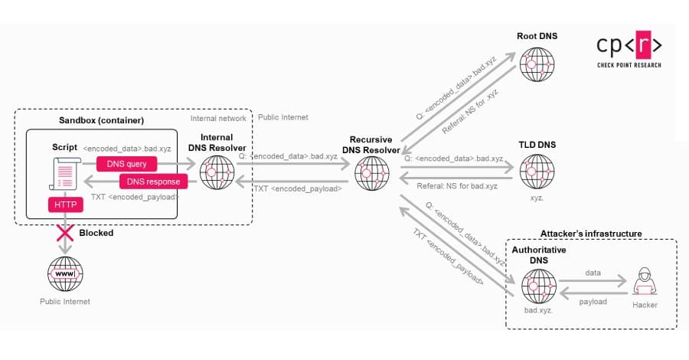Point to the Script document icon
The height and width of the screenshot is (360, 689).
[66, 172]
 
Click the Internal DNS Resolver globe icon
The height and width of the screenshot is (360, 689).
[218, 172]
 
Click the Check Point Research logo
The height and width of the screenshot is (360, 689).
[629, 51]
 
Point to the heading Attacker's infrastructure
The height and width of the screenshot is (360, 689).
[591, 233]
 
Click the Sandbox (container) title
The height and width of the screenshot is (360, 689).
[101, 120]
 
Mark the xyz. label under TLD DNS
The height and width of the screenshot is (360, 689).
[536, 197]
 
